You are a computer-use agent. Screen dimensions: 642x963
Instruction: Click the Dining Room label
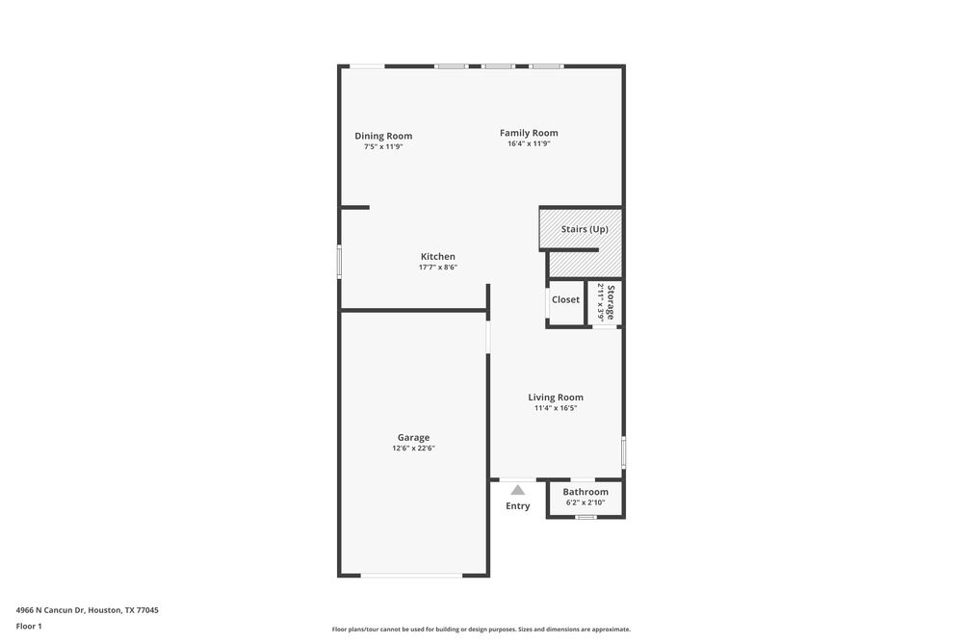383,136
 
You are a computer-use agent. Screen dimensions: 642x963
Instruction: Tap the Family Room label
529,133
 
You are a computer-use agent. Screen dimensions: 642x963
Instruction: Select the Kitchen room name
438,256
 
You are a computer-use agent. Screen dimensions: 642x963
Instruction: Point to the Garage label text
414,437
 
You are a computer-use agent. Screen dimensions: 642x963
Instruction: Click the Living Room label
556,397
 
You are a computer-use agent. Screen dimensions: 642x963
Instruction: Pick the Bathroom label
586,492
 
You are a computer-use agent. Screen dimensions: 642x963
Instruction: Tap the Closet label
566,299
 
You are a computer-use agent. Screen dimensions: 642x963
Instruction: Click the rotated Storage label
611,301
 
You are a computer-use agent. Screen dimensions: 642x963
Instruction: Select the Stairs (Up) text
585,229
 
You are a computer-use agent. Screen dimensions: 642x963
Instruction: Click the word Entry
518,506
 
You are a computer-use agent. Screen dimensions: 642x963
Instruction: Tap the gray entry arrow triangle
518,490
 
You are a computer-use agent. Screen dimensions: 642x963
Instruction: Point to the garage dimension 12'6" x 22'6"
414,449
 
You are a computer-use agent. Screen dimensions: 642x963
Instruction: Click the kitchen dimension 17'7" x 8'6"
438,268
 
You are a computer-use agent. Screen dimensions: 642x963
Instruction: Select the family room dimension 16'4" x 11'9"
529,143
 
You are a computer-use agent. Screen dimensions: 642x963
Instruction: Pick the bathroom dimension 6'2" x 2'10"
586,502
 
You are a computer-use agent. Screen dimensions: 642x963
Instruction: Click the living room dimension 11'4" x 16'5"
556,408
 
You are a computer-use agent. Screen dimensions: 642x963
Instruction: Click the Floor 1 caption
29,626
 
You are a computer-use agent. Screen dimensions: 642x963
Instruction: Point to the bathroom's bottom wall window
586,518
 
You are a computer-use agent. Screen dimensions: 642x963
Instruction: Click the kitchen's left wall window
339,262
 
